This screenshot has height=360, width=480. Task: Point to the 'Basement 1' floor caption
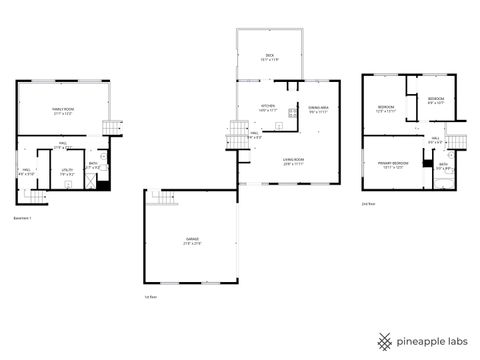click(x=22, y=217)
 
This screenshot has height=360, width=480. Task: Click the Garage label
click(x=191, y=240)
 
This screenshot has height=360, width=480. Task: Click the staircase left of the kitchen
click(x=237, y=130)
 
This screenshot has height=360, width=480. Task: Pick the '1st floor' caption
click(x=151, y=296)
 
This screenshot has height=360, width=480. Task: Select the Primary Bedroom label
click(x=391, y=165)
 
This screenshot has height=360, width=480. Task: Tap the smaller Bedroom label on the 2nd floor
click(x=437, y=100)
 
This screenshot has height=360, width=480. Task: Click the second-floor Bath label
click(x=443, y=168)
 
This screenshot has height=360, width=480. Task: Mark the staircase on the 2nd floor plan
click(x=457, y=143)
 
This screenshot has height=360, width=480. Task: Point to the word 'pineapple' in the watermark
click(x=424, y=340)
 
